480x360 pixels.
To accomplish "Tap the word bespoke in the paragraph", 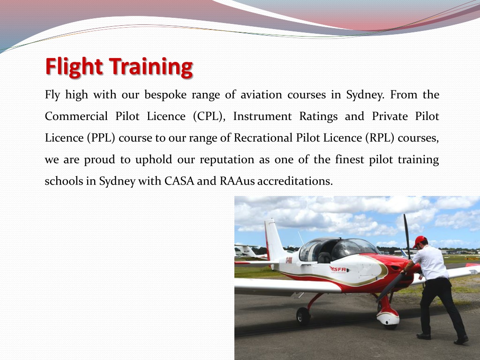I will coord(165,95).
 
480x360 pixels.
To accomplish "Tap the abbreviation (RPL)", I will coord(377,138).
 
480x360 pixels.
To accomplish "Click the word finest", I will coord(349,160).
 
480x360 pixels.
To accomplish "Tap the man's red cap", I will coord(419,241).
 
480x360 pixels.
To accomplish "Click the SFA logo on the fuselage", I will coord(338,269).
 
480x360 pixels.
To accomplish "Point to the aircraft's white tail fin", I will coord(274,239).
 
